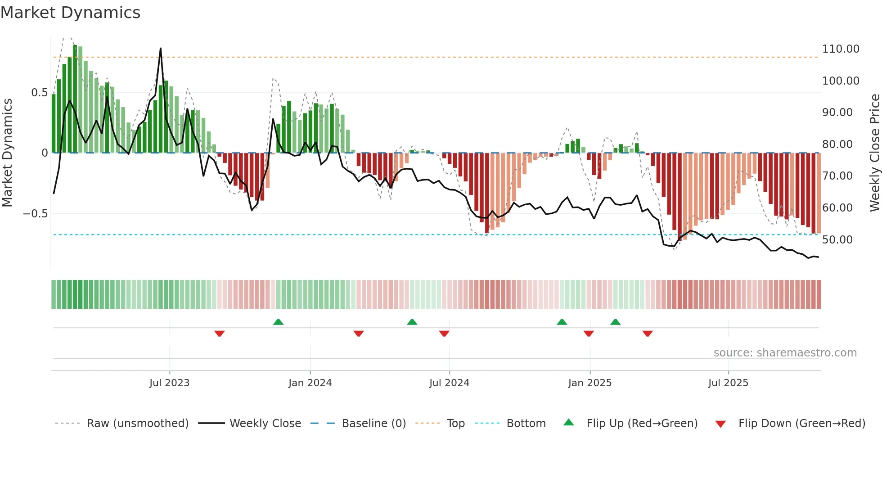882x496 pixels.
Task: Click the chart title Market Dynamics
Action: tap(70, 13)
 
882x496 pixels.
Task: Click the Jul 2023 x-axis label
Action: tap(169, 383)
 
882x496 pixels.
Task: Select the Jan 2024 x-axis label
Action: tap(310, 383)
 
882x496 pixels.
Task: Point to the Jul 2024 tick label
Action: tap(449, 383)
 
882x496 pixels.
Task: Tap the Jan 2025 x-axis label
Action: tap(589, 383)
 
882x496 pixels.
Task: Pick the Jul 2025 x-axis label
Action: tap(728, 383)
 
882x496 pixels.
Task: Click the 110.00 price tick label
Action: tap(841, 49)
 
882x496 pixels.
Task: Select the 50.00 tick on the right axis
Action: tap(837, 240)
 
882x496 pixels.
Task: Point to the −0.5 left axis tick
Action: tap(35, 214)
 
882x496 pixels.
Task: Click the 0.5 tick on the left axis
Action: tap(39, 93)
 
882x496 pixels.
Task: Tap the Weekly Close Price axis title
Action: tap(874, 153)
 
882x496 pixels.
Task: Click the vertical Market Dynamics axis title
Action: tap(7, 153)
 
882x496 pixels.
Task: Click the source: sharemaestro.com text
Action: tap(785, 353)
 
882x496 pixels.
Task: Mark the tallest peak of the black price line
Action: tap(161, 48)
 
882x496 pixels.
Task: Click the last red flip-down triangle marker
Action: tap(648, 334)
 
